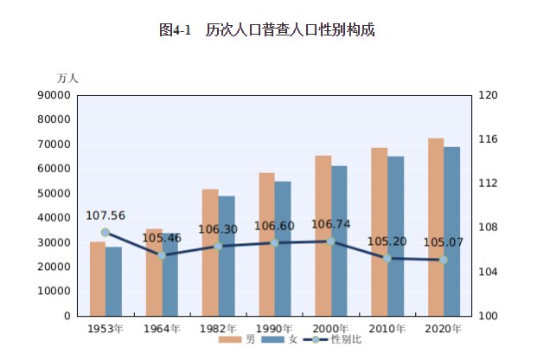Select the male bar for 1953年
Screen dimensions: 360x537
click(x=98, y=279)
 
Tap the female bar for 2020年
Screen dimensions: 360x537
click(x=451, y=231)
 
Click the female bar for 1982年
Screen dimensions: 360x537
click(x=227, y=255)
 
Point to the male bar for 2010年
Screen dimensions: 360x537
click(x=379, y=232)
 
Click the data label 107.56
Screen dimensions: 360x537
click(x=105, y=215)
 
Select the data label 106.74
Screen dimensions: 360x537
click(x=330, y=224)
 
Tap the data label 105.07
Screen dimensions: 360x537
click(x=444, y=242)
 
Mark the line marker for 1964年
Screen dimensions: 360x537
click(x=162, y=255)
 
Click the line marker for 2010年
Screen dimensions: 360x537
click(x=387, y=258)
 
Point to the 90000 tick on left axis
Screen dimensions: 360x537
click(x=54, y=95)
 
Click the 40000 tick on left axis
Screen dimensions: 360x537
click(x=54, y=218)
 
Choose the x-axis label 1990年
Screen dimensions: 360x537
click(x=274, y=329)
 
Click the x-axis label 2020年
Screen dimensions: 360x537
click(x=444, y=329)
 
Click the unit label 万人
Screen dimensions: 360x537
click(x=67, y=78)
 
